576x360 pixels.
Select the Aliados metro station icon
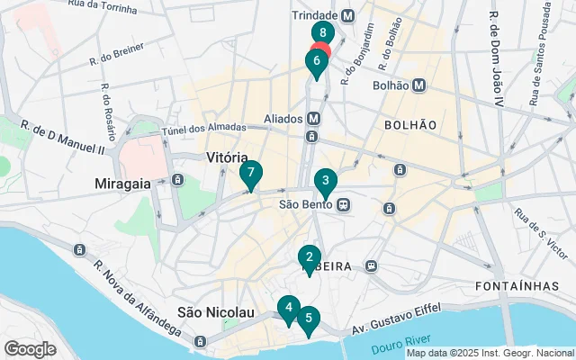(x=313, y=118)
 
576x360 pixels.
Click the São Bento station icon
(x=344, y=204)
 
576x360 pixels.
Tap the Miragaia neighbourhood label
(x=124, y=183)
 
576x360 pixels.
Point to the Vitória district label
(x=227, y=157)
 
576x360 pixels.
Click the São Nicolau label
(x=216, y=311)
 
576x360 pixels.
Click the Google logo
(x=30, y=348)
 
